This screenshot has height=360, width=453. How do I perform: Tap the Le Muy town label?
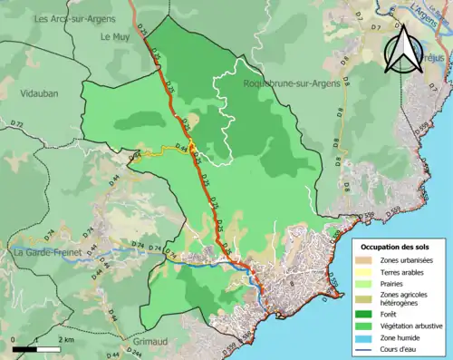pos(116,37)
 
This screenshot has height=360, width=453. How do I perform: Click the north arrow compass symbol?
pos(401,50)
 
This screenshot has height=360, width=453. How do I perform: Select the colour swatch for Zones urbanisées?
pos(367,261)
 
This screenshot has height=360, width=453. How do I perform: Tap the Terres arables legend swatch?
pos(367,272)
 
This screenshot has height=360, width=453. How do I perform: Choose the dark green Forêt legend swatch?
pos(367,313)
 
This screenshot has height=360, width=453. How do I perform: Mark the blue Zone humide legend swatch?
pos(367,335)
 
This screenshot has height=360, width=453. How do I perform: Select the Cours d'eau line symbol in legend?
pos(367,345)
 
